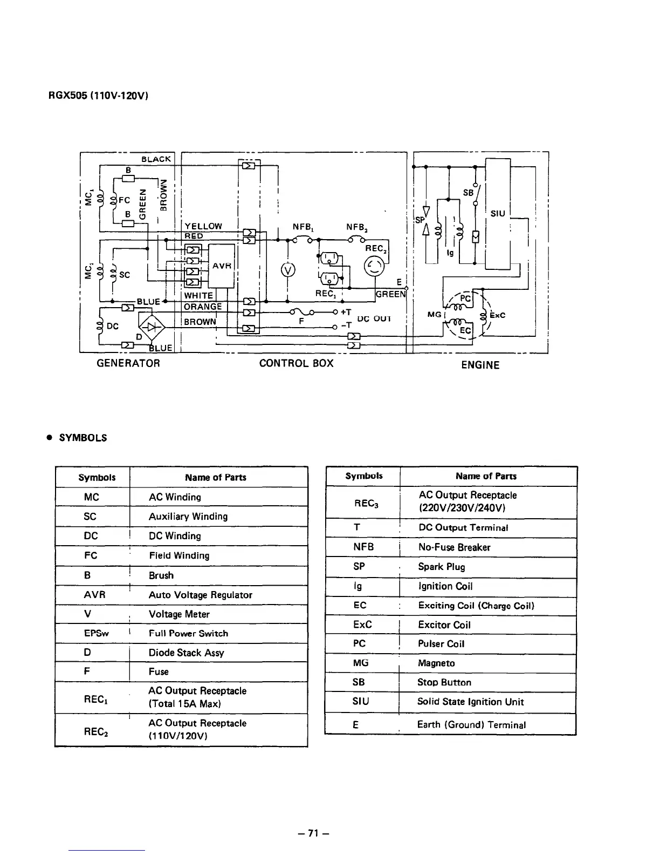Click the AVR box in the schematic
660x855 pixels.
click(x=222, y=266)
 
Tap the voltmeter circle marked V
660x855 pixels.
click(x=288, y=270)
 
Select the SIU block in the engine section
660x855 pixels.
click(x=498, y=213)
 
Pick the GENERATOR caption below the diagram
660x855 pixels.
click(x=128, y=363)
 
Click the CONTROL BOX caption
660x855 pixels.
click(x=296, y=363)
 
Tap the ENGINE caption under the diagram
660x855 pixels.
click(x=480, y=365)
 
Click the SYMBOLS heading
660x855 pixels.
click(x=82, y=438)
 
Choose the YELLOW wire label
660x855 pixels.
click(x=203, y=226)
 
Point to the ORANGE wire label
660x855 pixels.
click(x=203, y=307)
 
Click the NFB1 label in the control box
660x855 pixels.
click(x=303, y=227)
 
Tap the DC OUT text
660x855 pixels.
click(x=374, y=318)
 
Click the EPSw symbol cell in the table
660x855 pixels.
click(x=97, y=633)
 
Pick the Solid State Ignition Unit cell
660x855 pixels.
click(x=470, y=702)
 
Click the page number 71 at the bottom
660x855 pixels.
click(x=314, y=833)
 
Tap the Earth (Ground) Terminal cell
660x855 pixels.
click(x=471, y=725)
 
